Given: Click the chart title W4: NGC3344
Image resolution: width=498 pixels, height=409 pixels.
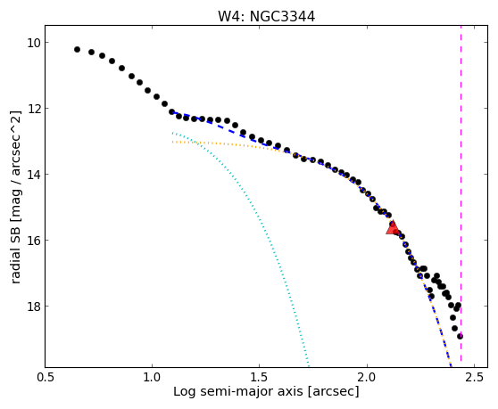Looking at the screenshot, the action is (x=267, y=17).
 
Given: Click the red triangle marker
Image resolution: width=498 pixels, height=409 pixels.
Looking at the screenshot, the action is (x=393, y=227).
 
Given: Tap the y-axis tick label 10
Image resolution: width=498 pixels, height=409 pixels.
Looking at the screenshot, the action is (x=33, y=43).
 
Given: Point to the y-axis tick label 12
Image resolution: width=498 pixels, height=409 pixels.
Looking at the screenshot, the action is (x=33, y=109).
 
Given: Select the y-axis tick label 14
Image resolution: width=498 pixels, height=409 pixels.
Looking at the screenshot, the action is (x=33, y=175).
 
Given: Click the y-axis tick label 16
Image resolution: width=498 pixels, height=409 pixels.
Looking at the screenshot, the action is (x=33, y=241).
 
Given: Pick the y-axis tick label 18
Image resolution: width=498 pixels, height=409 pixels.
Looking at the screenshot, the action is (x=33, y=307).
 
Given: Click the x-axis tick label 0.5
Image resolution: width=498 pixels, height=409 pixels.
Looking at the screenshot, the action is (x=46, y=378).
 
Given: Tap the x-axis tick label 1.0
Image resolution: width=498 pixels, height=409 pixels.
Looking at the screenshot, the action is (x=152, y=378).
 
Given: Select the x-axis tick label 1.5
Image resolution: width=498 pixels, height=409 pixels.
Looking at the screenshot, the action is (x=260, y=378).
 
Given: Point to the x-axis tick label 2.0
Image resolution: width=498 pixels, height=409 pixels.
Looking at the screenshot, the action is (x=367, y=378).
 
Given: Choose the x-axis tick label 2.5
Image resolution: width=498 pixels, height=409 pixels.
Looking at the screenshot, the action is (x=474, y=378).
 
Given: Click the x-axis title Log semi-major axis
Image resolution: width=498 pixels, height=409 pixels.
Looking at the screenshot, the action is (x=238, y=392).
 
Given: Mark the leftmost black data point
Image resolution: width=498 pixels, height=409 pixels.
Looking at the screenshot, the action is (x=77, y=50).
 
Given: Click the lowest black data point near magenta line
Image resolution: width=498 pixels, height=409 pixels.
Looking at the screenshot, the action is (x=460, y=336).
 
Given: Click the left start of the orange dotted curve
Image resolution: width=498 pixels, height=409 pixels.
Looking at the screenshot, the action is (x=172, y=142).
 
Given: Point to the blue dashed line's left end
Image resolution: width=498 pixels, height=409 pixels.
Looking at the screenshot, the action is (x=172, y=112).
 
